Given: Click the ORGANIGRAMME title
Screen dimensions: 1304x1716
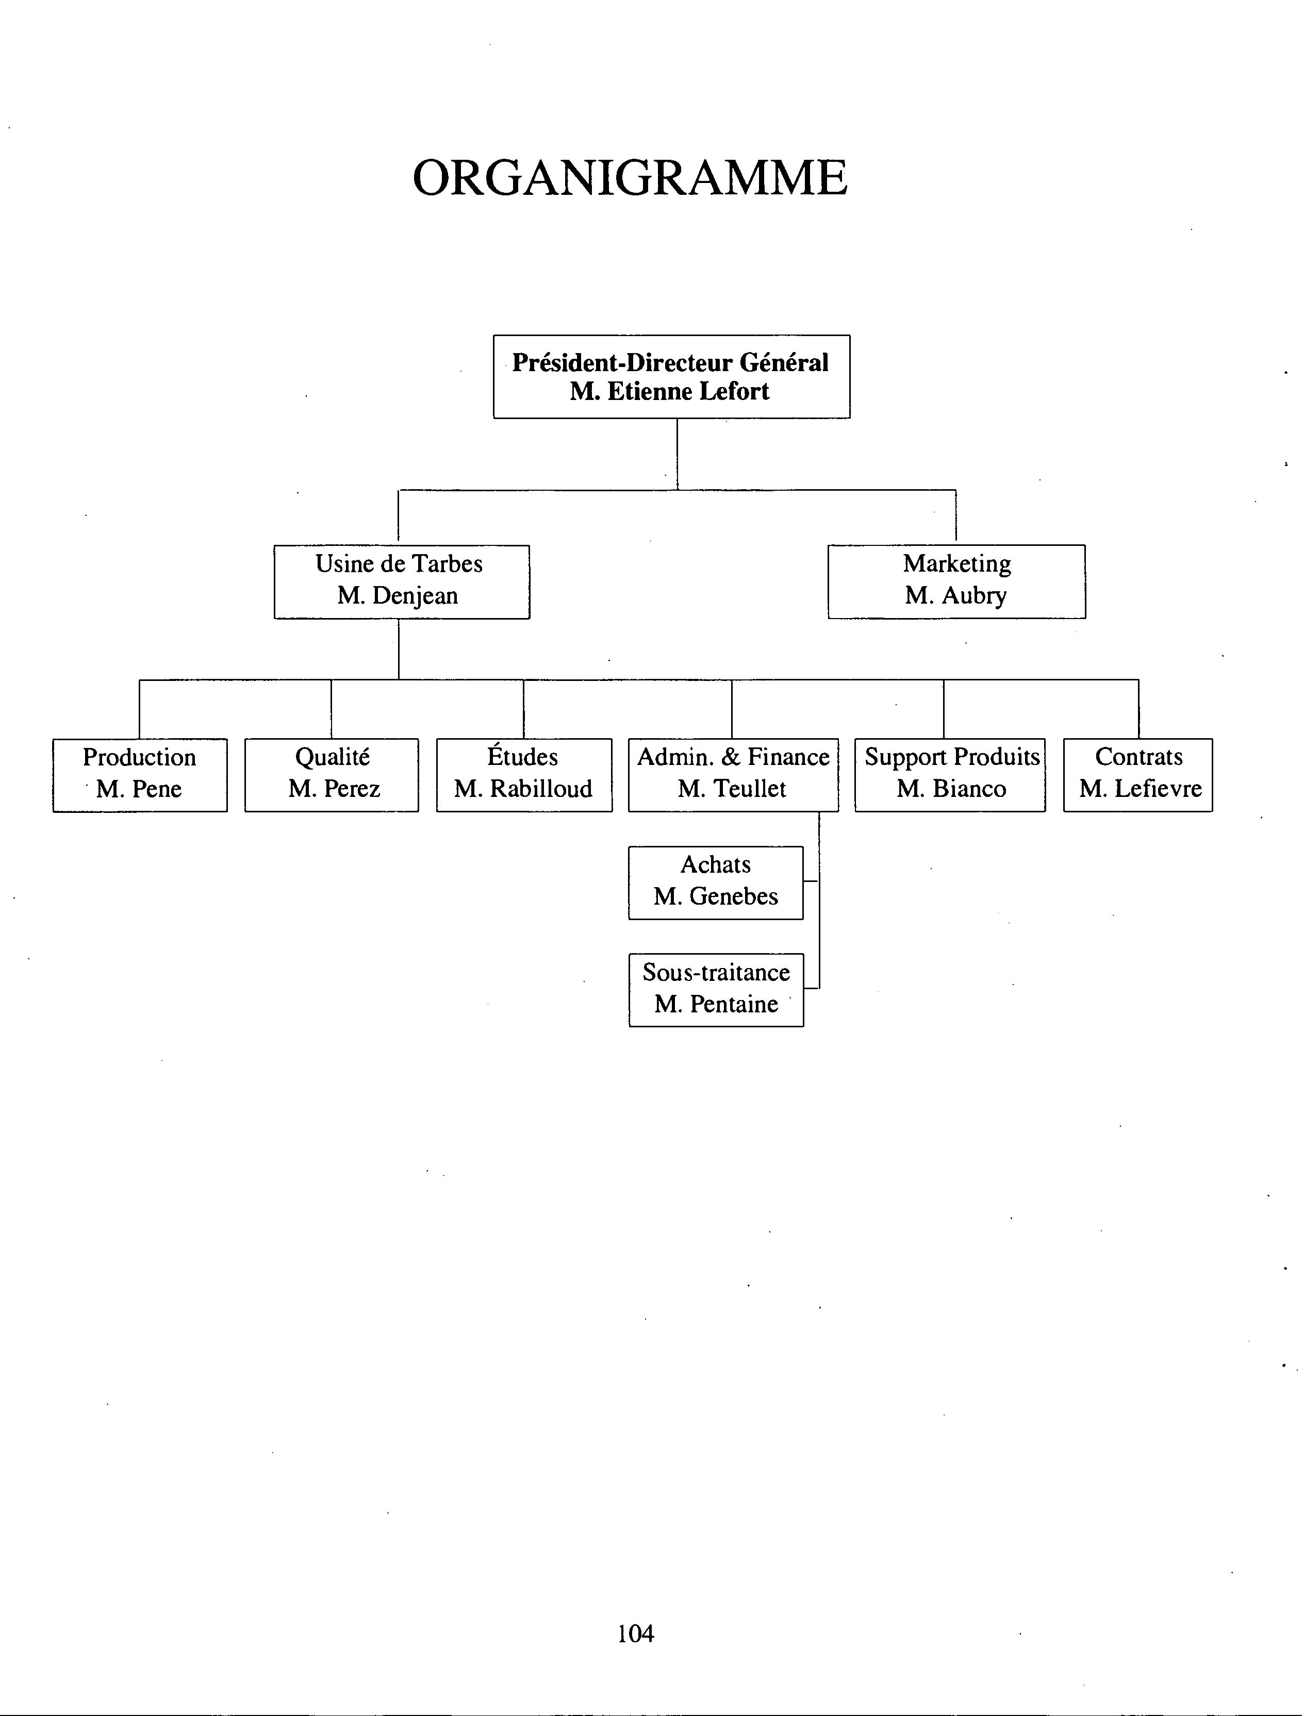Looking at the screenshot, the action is point(630,178).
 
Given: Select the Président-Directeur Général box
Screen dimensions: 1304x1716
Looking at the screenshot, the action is point(671,376).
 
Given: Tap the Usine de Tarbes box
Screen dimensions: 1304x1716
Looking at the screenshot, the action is point(401,582).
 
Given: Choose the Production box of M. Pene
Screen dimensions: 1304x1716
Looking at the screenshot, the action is point(140,775).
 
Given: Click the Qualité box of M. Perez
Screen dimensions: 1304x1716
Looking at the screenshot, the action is point(332,775).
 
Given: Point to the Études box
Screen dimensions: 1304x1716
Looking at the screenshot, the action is point(524,775).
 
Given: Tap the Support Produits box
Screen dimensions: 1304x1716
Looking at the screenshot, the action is point(950,775).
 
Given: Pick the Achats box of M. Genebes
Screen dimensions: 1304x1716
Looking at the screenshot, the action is point(716,883).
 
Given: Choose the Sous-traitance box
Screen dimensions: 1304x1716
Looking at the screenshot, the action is point(716,990).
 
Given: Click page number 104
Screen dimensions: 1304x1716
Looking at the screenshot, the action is point(636,1633).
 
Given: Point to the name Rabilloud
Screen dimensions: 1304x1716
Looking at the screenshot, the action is point(541,789).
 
